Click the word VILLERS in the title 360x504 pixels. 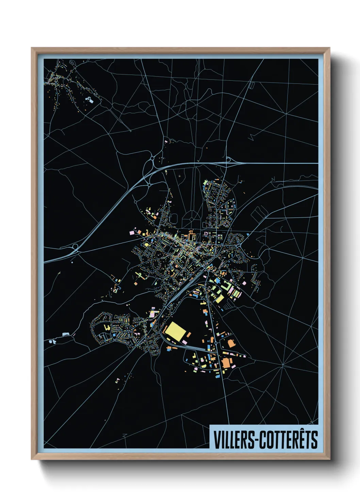click(233, 440)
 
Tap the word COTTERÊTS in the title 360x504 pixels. click(289, 440)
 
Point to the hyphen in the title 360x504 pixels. click(257, 440)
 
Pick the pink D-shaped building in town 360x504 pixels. click(206, 233)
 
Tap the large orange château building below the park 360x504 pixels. click(191, 235)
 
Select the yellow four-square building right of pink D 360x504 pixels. click(220, 236)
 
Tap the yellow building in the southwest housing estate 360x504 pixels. click(106, 328)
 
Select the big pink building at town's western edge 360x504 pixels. click(132, 232)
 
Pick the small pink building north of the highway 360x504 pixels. click(166, 141)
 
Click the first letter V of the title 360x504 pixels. click(216, 440)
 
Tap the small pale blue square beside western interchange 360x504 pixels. click(72, 262)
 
